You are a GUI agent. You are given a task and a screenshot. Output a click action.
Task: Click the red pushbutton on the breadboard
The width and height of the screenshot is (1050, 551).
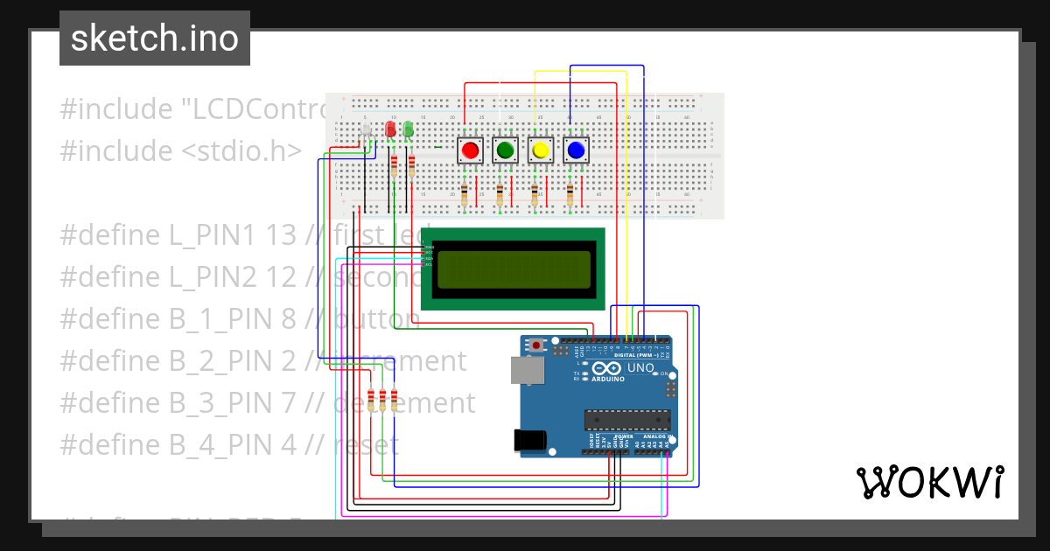point(470,150)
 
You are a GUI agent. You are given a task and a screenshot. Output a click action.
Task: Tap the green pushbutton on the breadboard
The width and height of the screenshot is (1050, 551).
point(505,150)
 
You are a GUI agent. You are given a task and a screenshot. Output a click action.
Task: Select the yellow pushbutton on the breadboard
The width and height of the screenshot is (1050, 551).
point(540,150)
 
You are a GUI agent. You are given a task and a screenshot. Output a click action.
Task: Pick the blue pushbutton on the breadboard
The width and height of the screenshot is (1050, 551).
point(575,150)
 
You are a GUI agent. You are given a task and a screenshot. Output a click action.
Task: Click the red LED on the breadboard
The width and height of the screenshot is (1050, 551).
point(390,130)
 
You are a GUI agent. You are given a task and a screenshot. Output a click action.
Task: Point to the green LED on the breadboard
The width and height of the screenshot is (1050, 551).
point(408,130)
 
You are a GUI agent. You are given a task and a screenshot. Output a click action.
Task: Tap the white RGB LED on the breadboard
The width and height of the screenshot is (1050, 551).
point(367,131)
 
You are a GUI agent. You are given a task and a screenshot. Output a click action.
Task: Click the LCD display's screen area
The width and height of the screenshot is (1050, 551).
point(514,269)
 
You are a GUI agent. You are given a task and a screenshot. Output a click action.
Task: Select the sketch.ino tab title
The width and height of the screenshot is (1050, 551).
point(155,38)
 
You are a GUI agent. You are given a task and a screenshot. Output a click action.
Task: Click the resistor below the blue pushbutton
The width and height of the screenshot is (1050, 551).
point(570,195)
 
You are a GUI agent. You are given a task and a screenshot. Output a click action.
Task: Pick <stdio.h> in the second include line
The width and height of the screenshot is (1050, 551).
point(241,150)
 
